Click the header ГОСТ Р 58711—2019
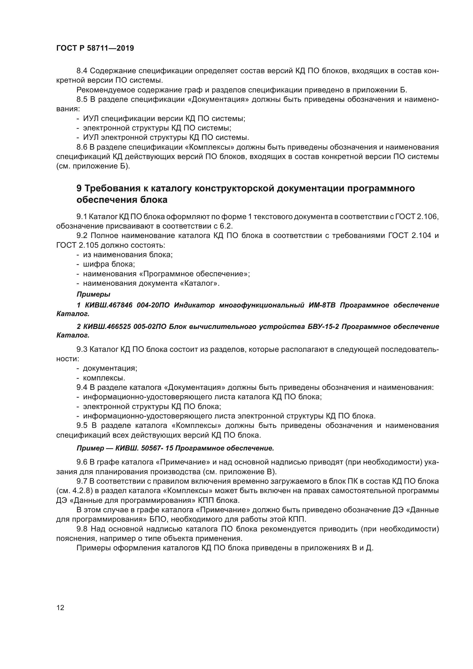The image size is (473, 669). tap(95, 48)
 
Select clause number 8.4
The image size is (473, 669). tap(82, 71)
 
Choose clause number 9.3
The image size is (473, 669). tap(82, 349)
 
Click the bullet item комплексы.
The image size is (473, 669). tap(104, 378)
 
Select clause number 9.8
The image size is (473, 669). tap(82, 529)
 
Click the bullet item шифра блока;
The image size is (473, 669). tap(109, 264)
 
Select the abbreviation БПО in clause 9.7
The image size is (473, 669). tap(157, 519)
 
